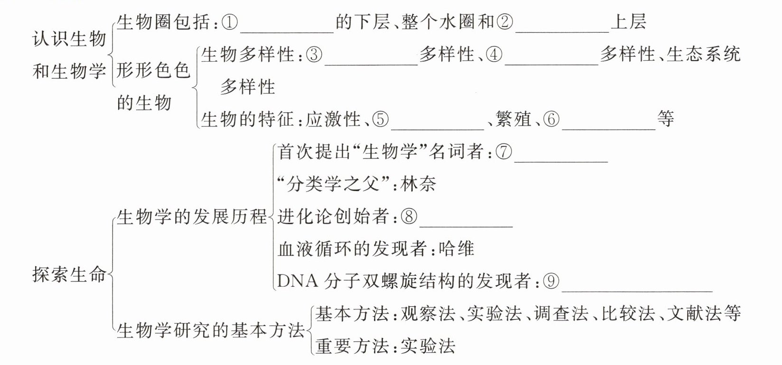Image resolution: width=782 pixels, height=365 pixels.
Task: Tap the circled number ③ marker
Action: pos(315,55)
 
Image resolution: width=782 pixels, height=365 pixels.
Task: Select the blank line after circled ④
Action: pos(551,63)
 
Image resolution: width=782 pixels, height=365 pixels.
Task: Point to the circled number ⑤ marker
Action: pos(380,119)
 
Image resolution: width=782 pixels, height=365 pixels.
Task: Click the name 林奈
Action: pos(418,184)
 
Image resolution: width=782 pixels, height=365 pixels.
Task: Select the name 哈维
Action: pos(456,249)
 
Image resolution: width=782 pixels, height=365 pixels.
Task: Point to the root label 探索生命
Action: pos(69,274)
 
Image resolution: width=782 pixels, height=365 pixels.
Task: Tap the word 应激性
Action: pos(333,119)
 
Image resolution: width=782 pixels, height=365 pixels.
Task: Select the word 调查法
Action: pos(560,314)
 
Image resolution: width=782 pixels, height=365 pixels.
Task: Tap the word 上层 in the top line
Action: pos(628,22)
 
